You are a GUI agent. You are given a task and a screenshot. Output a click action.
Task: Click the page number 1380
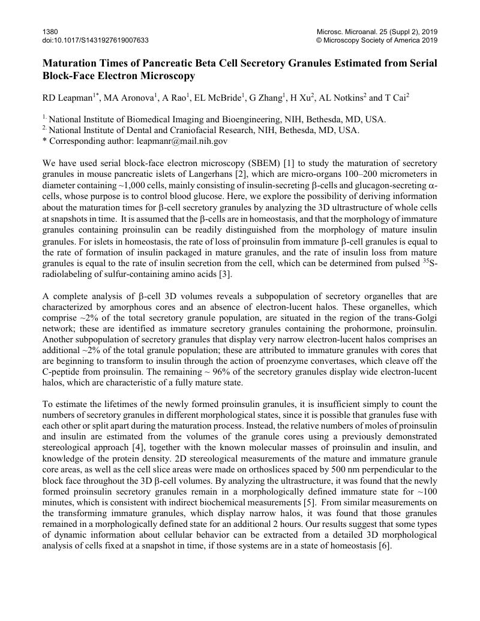point(50,31)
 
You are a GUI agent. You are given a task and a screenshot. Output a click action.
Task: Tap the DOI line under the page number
point(95,40)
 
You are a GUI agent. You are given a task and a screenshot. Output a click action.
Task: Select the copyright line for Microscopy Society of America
point(377,40)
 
